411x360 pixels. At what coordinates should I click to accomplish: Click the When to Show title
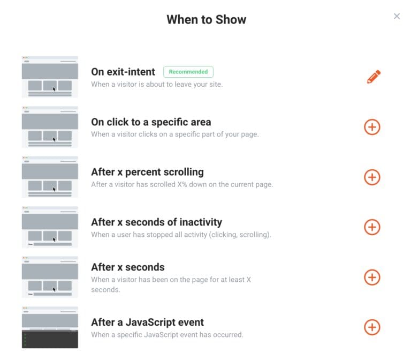(x=206, y=20)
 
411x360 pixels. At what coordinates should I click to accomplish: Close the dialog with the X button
(x=397, y=16)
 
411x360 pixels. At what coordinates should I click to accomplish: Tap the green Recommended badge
(x=188, y=72)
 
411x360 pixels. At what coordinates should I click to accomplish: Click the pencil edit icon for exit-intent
(x=374, y=77)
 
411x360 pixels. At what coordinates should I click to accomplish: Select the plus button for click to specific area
(x=372, y=127)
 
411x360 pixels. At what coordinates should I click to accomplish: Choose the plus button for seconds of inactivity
(x=372, y=227)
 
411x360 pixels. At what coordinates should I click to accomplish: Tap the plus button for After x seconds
(x=372, y=277)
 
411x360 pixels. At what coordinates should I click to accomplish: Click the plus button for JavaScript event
(x=372, y=327)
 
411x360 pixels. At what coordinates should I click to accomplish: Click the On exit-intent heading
(x=123, y=72)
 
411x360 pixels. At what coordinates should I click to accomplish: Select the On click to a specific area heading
(x=151, y=122)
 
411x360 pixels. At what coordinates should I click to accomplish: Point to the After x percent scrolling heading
(x=147, y=172)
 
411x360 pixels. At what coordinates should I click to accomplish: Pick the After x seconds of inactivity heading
(x=156, y=222)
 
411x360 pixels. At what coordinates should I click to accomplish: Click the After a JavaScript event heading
(x=147, y=322)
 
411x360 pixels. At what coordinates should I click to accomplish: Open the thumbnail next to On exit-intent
(x=50, y=77)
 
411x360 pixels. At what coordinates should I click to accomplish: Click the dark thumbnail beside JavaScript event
(x=50, y=327)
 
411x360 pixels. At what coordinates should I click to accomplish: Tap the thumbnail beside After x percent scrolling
(x=50, y=177)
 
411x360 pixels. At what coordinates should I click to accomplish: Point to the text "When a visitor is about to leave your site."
(x=157, y=84)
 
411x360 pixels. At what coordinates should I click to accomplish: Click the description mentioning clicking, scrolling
(x=181, y=235)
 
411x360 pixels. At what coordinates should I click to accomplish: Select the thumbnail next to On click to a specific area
(x=50, y=127)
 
